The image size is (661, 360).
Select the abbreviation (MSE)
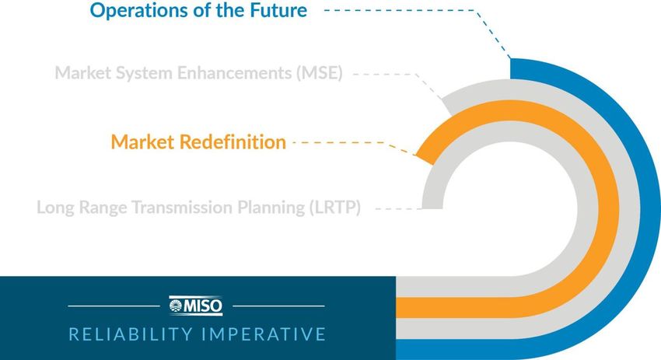tap(319, 73)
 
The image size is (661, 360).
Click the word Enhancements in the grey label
tap(233, 72)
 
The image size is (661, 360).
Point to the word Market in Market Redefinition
tap(142, 142)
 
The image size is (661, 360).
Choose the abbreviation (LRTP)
tap(335, 208)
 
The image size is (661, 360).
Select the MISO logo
tap(196, 306)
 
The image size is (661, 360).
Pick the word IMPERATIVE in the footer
tap(264, 334)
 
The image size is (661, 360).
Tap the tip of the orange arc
tap(424, 159)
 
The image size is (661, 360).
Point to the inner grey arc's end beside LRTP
tap(432, 208)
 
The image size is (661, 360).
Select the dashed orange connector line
tap(355, 144)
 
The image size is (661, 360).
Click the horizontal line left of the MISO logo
tap(114, 306)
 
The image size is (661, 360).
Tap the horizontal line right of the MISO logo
tap(278, 306)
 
